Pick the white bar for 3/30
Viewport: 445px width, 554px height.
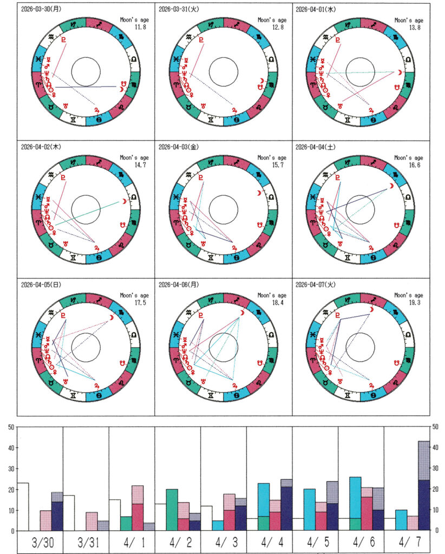coord(23,506)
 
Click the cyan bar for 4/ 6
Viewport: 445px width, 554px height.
coord(355,497)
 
